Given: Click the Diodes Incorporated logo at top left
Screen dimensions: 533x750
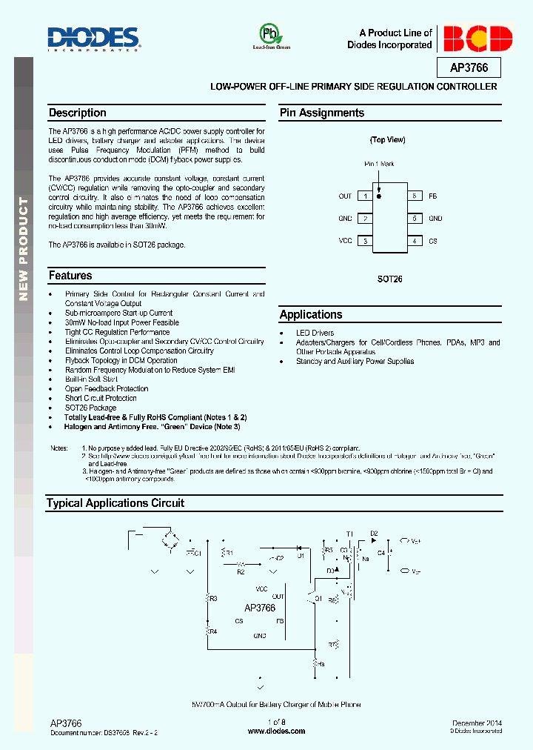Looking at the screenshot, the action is [x=93, y=39].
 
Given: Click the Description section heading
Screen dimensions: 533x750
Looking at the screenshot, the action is [x=78, y=113].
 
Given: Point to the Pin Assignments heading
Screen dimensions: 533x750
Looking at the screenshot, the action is [x=322, y=113].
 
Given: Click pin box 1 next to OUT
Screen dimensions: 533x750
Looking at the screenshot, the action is [x=364, y=196].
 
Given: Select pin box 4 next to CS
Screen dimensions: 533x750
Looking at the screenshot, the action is [x=415, y=241].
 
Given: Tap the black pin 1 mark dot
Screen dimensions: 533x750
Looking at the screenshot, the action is [x=379, y=196].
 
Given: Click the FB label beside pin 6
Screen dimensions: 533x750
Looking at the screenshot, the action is [x=433, y=196].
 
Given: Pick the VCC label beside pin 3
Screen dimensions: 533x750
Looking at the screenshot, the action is [x=345, y=241].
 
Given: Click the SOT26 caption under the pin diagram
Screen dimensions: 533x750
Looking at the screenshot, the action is [x=389, y=281].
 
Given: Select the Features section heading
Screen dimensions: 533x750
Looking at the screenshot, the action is [x=70, y=276].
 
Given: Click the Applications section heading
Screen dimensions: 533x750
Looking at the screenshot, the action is [x=311, y=315].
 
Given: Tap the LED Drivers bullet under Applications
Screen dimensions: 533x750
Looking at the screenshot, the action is [x=315, y=333].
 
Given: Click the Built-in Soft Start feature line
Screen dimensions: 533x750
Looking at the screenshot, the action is [x=91, y=379].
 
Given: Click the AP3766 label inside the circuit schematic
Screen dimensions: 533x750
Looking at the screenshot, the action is [x=259, y=608].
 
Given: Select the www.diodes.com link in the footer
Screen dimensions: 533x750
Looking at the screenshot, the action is [x=276, y=731].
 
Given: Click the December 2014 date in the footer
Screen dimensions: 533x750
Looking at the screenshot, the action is [x=477, y=723].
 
